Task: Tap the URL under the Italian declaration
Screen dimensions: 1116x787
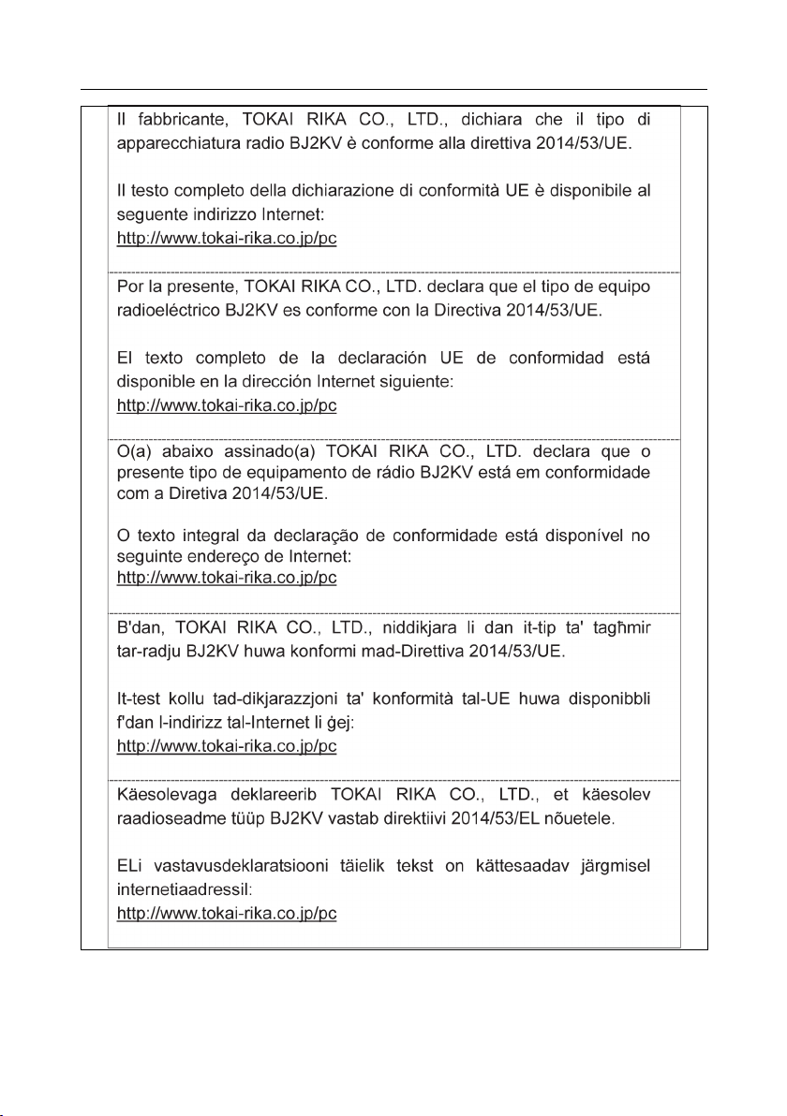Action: tap(226, 239)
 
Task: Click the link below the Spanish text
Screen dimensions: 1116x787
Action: tap(226, 406)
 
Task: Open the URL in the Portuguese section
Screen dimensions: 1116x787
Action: tap(226, 578)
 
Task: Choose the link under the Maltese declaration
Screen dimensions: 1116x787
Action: tap(226, 746)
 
